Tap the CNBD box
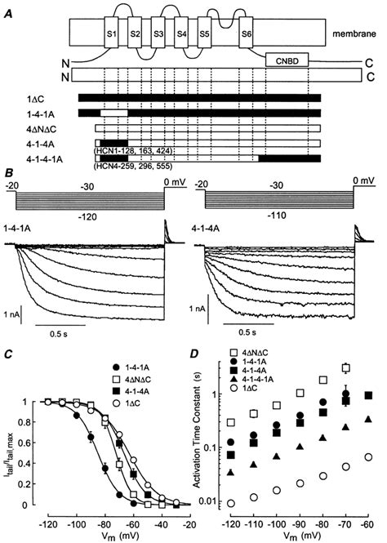(291, 60)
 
